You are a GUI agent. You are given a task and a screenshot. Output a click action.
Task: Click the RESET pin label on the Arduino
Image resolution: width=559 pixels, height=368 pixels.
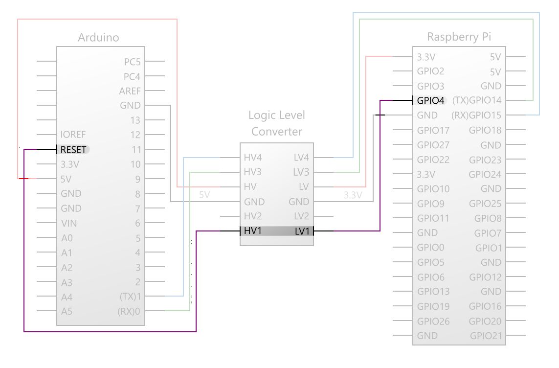[x=73, y=150]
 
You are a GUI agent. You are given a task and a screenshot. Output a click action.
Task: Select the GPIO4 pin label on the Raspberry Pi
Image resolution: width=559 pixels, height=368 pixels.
[x=431, y=101]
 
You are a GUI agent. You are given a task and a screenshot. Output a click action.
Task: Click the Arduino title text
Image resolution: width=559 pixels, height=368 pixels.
[x=98, y=38]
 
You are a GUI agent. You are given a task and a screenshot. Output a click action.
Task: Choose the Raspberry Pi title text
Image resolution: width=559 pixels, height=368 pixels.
[x=459, y=37]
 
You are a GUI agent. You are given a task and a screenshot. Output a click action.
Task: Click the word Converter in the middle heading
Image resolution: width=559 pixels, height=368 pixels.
[x=276, y=132]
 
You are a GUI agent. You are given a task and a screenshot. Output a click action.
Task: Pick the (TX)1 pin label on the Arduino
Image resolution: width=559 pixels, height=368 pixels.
[x=130, y=297]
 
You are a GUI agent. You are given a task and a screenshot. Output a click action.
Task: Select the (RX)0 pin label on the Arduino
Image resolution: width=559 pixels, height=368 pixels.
[x=130, y=311]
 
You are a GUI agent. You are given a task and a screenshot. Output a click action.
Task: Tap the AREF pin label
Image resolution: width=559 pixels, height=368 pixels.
[x=130, y=91]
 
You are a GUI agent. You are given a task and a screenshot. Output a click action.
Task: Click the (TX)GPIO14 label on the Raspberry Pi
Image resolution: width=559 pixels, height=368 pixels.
[x=477, y=101]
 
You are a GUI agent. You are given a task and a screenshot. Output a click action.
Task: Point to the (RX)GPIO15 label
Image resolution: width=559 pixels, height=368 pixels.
[x=477, y=116]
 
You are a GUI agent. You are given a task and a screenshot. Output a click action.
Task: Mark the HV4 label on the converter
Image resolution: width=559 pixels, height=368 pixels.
[x=252, y=158]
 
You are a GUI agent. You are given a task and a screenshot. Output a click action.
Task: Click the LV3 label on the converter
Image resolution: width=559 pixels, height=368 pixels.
[x=301, y=172]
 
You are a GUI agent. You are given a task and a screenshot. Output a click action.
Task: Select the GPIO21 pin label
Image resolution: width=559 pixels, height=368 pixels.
[x=486, y=336]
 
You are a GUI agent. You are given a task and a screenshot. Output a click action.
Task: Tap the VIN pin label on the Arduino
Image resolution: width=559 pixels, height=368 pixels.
[x=68, y=223]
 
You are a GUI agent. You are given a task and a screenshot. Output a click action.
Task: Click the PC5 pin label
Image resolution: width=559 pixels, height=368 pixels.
[x=132, y=62]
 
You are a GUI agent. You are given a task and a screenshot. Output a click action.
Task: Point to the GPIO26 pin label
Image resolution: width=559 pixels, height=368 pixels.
[x=433, y=321]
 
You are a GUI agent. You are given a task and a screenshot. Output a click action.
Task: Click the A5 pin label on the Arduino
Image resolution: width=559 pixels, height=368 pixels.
[x=67, y=311]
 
